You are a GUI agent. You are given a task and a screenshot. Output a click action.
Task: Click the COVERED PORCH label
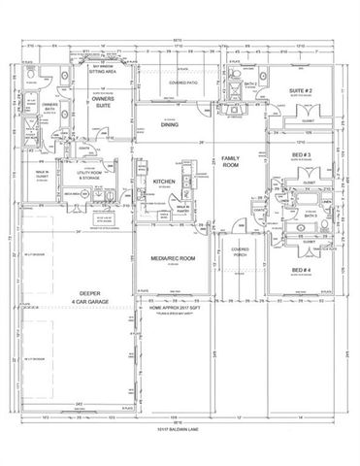tap(239, 253)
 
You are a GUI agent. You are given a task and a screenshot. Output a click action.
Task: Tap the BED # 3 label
tap(301, 155)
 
